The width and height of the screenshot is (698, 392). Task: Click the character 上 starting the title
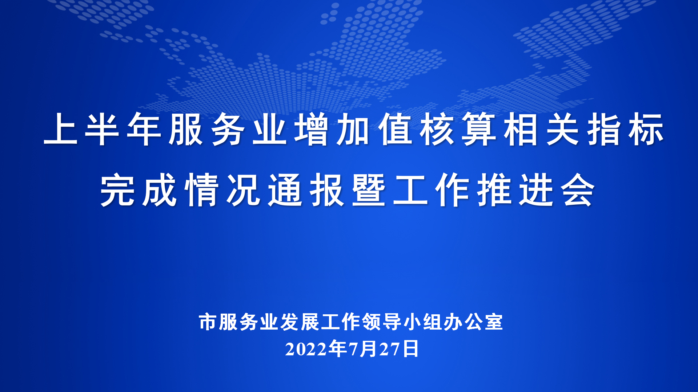tap(61, 129)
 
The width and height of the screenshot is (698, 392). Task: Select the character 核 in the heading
tap(437, 129)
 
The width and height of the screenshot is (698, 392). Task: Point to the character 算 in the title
tap(479, 129)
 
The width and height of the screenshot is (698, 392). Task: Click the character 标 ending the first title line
tap(646, 129)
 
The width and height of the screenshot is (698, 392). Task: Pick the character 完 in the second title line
tap(117, 190)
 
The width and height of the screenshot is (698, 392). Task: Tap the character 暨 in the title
tap(369, 190)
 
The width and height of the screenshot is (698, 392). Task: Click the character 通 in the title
tap(285, 190)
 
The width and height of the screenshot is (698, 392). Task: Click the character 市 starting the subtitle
tap(208, 322)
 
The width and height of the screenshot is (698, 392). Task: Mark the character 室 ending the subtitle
tap(494, 322)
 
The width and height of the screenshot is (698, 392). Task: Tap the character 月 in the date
tap(369, 349)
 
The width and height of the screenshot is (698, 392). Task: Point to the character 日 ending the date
tap(411, 349)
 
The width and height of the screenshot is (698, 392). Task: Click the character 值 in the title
tap(395, 129)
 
